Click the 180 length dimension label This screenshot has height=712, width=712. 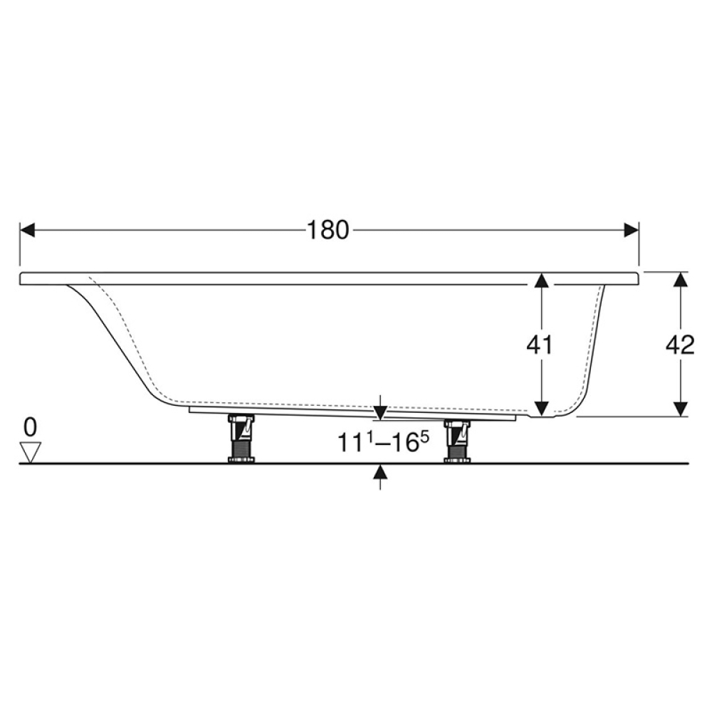pos(328,230)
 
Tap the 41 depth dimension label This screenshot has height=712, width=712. pos(540,345)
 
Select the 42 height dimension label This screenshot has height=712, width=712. pos(680,345)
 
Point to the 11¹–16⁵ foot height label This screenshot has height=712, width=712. pos(382,442)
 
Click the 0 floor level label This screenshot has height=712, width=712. pos(31,427)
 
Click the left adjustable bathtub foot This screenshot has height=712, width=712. pos(241,439)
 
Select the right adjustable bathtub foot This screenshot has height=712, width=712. pos(457,441)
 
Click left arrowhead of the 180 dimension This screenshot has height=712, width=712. pos(27,230)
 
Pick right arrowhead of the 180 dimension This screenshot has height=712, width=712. pos(632,230)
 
